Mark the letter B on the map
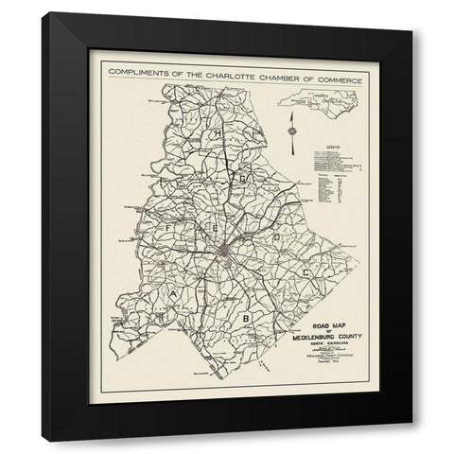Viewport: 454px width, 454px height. coord(246,319)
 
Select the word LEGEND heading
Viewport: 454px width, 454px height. coord(320,147)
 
